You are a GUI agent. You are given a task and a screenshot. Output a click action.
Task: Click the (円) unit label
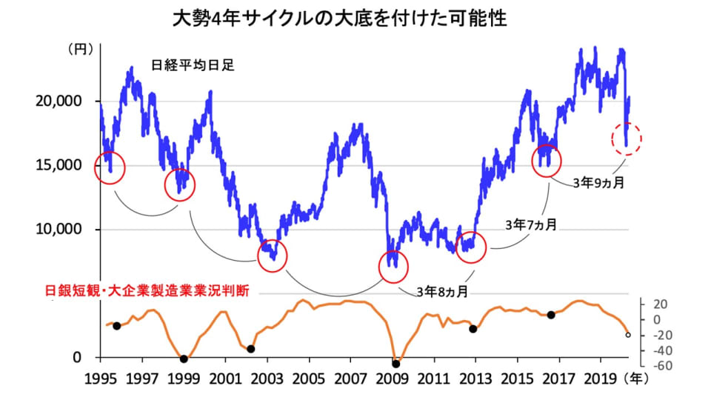pos(79,50)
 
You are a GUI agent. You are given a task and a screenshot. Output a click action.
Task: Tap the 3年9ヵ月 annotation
pos(597,182)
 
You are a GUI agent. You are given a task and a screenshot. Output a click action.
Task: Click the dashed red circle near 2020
pos(627,139)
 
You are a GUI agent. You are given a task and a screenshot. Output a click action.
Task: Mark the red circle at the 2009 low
pos(393,267)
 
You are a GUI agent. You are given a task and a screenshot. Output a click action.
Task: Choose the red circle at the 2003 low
pos(272,256)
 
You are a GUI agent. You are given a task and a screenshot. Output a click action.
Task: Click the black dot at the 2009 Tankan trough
pos(395,364)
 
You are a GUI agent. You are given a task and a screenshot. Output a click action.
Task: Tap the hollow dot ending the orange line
pos(628,335)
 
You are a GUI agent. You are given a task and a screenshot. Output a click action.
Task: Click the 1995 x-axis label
pos(101,380)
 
